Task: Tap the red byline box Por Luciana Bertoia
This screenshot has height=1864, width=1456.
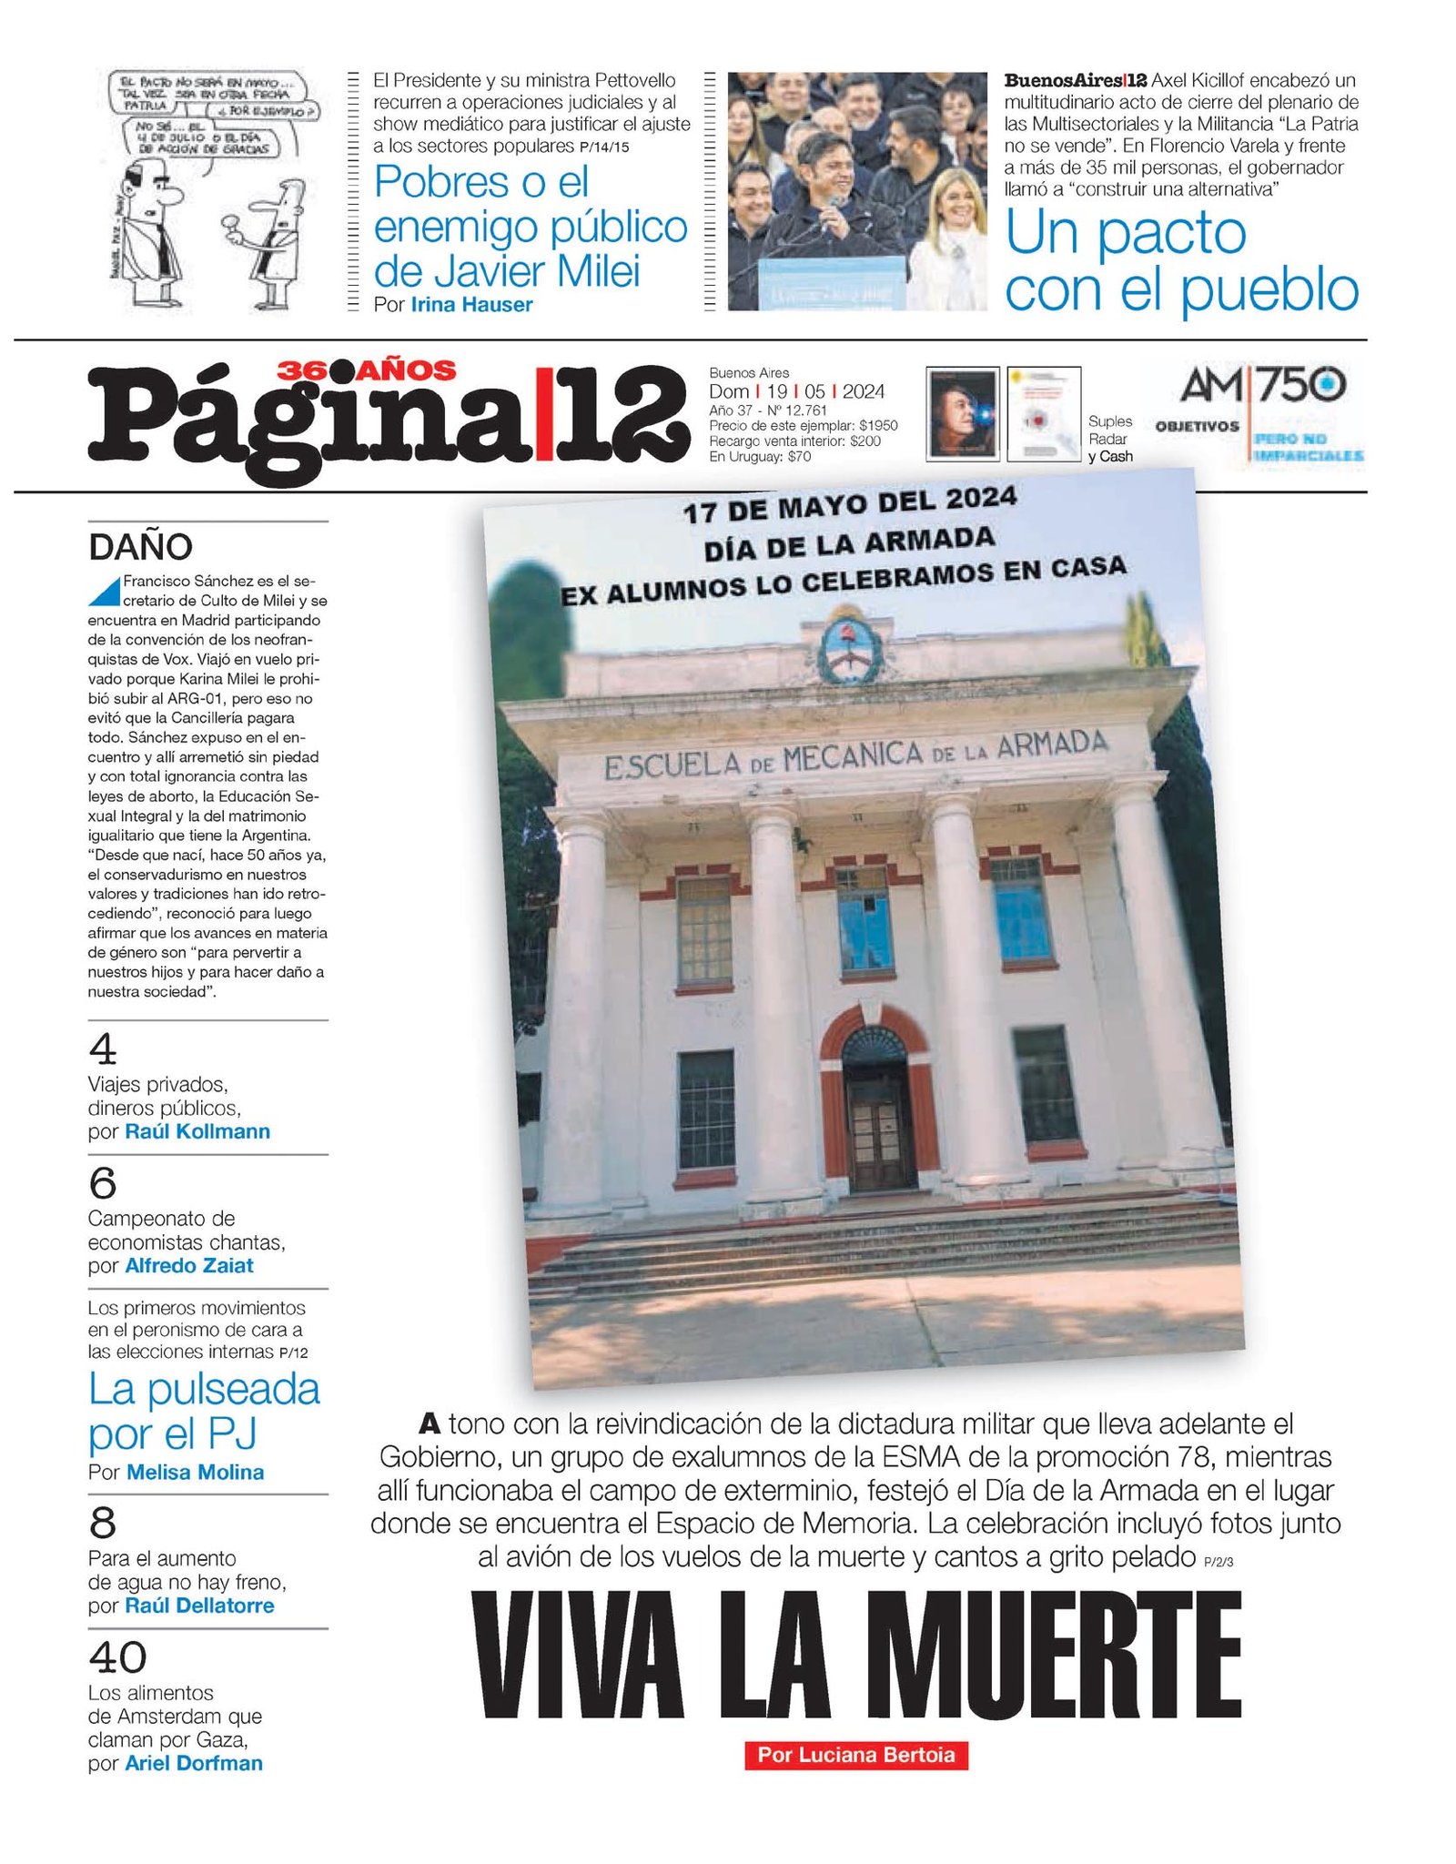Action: click(855, 1755)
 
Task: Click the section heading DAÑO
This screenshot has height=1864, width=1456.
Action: click(140, 547)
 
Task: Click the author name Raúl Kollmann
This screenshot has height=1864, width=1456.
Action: click(197, 1131)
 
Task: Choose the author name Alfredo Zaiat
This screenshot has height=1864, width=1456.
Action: click(189, 1265)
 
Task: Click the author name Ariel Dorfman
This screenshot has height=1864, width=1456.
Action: click(194, 1763)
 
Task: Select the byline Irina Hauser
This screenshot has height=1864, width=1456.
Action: click(471, 305)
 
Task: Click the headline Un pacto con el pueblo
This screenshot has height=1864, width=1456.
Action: click(1180, 262)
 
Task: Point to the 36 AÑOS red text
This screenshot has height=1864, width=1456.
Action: click(367, 370)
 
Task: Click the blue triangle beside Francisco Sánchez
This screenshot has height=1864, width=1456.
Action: click(106, 592)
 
